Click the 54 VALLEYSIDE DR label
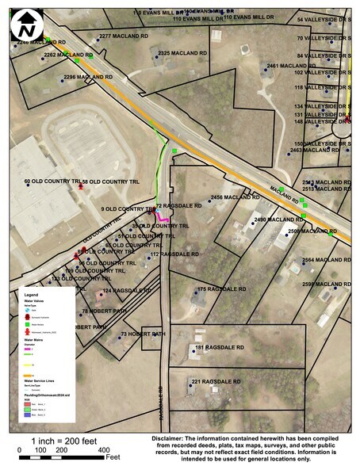[x=324, y=19]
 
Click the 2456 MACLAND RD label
[x=236, y=197]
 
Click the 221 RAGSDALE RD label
[x=216, y=381]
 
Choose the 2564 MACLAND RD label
[x=326, y=260]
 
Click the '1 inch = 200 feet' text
[x=63, y=440]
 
